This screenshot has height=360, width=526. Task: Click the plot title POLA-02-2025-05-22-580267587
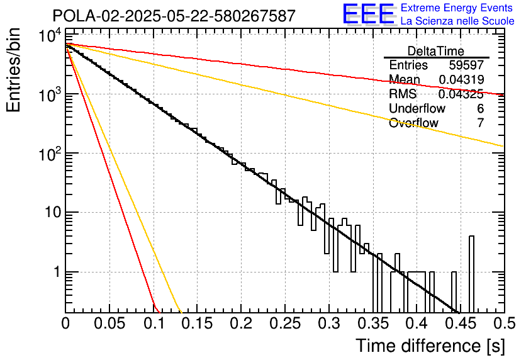pyautogui.click(x=174, y=16)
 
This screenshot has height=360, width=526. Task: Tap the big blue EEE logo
pyautogui.click(x=369, y=14)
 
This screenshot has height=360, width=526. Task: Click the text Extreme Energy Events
pyautogui.click(x=457, y=8)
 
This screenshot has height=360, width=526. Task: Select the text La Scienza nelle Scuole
pyautogui.click(x=457, y=21)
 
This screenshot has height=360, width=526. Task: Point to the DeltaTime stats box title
pyautogui.click(x=436, y=51)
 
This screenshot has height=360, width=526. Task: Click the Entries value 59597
pyautogui.click(x=466, y=65)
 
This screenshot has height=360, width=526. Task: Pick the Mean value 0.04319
pyautogui.click(x=461, y=80)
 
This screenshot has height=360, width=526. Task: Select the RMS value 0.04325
pyautogui.click(x=461, y=94)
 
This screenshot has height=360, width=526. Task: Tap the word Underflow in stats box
pyautogui.click(x=417, y=109)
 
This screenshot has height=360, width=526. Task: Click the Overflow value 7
pyautogui.click(x=480, y=123)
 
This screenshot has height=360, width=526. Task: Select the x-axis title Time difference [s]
pyautogui.click(x=430, y=346)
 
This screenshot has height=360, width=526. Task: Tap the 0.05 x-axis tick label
pyautogui.click(x=109, y=324)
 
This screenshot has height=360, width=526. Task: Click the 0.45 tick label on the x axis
pyautogui.click(x=460, y=324)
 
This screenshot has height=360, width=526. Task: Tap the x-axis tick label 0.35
pyautogui.click(x=372, y=324)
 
